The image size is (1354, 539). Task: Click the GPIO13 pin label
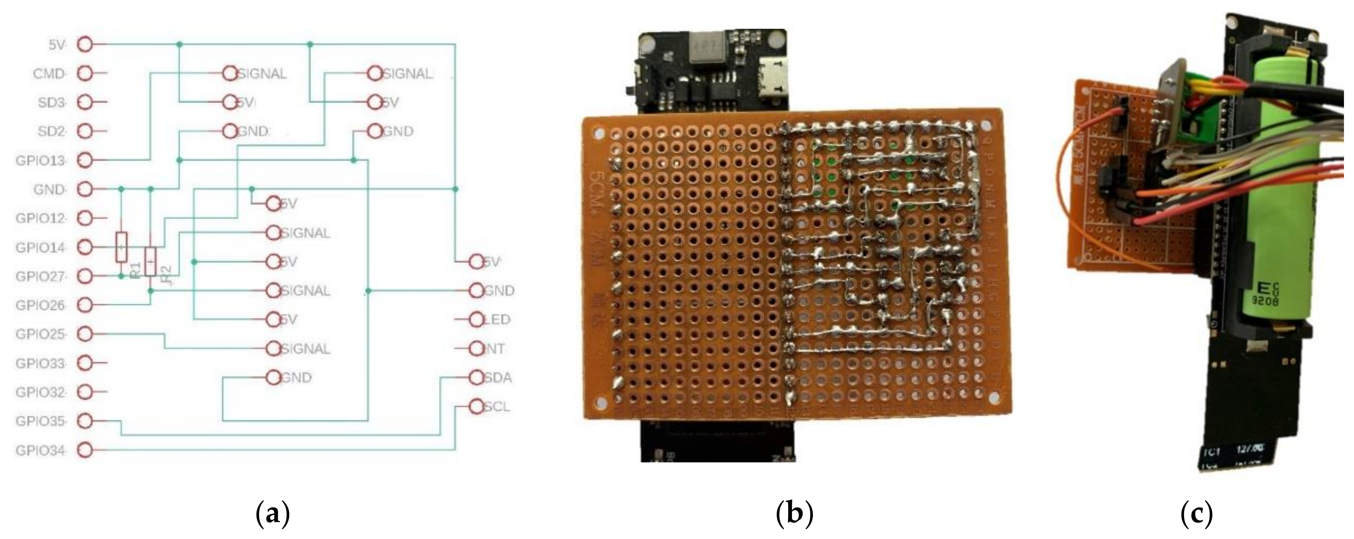[40, 160]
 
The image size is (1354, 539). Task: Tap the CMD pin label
[49, 74]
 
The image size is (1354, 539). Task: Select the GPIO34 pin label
[40, 451]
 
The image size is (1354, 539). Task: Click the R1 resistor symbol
[121, 247]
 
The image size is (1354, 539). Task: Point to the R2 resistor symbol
[151, 261]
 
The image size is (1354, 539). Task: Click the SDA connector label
[497, 378]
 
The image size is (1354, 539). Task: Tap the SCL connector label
[496, 406]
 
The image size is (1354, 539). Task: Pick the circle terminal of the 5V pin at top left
[85, 44]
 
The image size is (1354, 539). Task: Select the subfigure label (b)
[794, 514]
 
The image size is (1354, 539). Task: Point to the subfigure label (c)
[1197, 514]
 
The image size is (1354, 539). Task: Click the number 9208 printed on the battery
[1262, 301]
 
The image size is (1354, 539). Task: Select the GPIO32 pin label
[40, 392]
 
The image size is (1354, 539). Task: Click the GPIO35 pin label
[40, 421]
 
